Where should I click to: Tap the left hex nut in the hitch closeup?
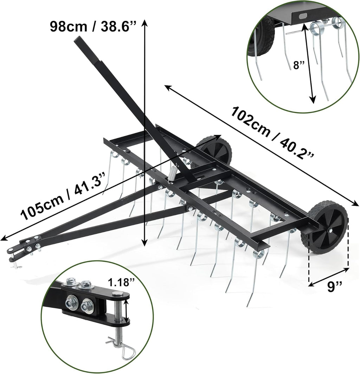point(70,301)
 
